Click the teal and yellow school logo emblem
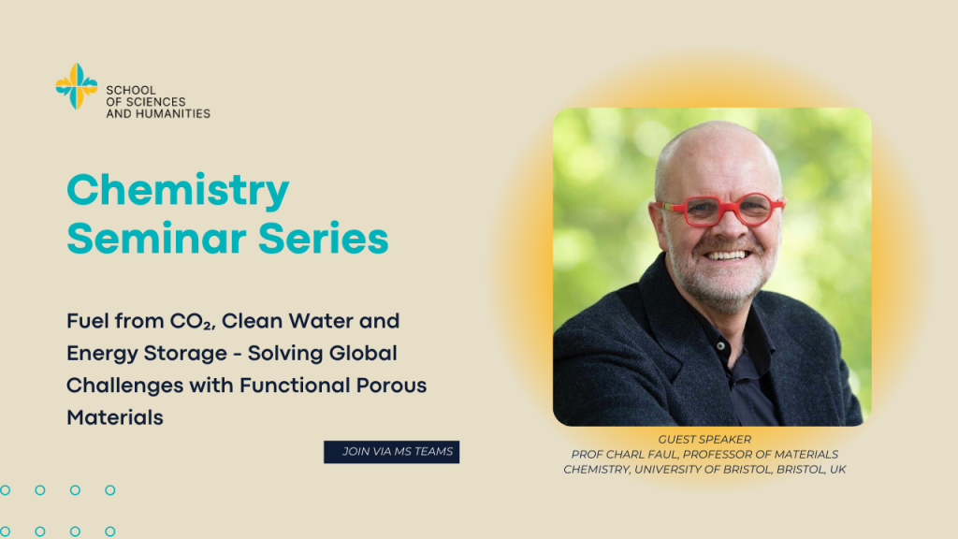click(77, 86)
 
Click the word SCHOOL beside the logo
click(131, 91)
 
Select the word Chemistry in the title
click(178, 191)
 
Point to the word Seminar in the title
click(157, 239)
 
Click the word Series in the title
click(324, 239)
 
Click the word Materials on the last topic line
click(115, 418)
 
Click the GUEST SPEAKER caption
click(704, 440)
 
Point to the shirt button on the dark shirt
click(721, 346)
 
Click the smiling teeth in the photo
click(726, 255)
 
